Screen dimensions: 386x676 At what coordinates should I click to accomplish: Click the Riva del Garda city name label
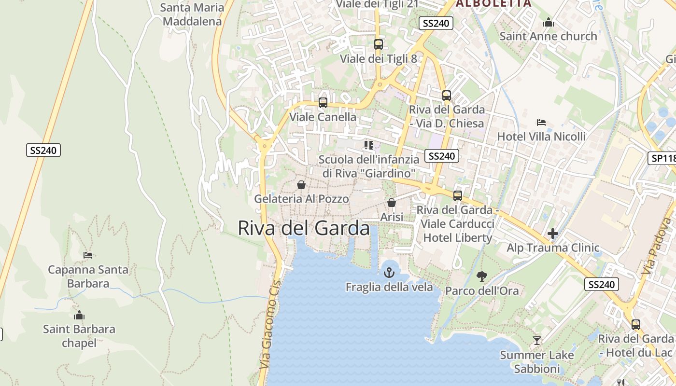click(304, 228)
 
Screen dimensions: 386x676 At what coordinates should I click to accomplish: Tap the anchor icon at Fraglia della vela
click(389, 273)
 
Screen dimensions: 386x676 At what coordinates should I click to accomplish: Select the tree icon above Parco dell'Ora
click(481, 276)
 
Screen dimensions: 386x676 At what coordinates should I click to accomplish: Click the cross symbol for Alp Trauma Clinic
click(553, 234)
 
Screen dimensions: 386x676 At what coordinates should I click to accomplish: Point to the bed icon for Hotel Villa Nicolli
click(541, 123)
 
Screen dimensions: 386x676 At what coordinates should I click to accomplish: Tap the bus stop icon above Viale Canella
click(323, 103)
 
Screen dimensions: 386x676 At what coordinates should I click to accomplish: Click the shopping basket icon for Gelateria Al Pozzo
click(301, 185)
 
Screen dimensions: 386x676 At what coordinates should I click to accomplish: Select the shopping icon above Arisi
click(392, 203)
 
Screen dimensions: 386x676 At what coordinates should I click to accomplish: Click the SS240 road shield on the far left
click(43, 150)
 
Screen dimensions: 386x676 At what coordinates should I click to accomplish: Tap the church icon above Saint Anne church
click(548, 22)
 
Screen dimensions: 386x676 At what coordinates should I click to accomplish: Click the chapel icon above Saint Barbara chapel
click(79, 316)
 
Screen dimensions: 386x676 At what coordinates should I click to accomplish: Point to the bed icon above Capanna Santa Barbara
click(88, 255)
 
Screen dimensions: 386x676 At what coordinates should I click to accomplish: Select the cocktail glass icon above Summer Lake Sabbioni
click(536, 341)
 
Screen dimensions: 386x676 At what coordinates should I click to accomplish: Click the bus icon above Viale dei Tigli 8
click(379, 44)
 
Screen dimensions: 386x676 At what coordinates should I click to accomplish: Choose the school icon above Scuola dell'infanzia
click(369, 145)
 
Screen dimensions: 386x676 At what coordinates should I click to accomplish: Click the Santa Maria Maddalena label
click(192, 14)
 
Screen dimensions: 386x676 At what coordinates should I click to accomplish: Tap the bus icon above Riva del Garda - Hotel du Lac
click(636, 325)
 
